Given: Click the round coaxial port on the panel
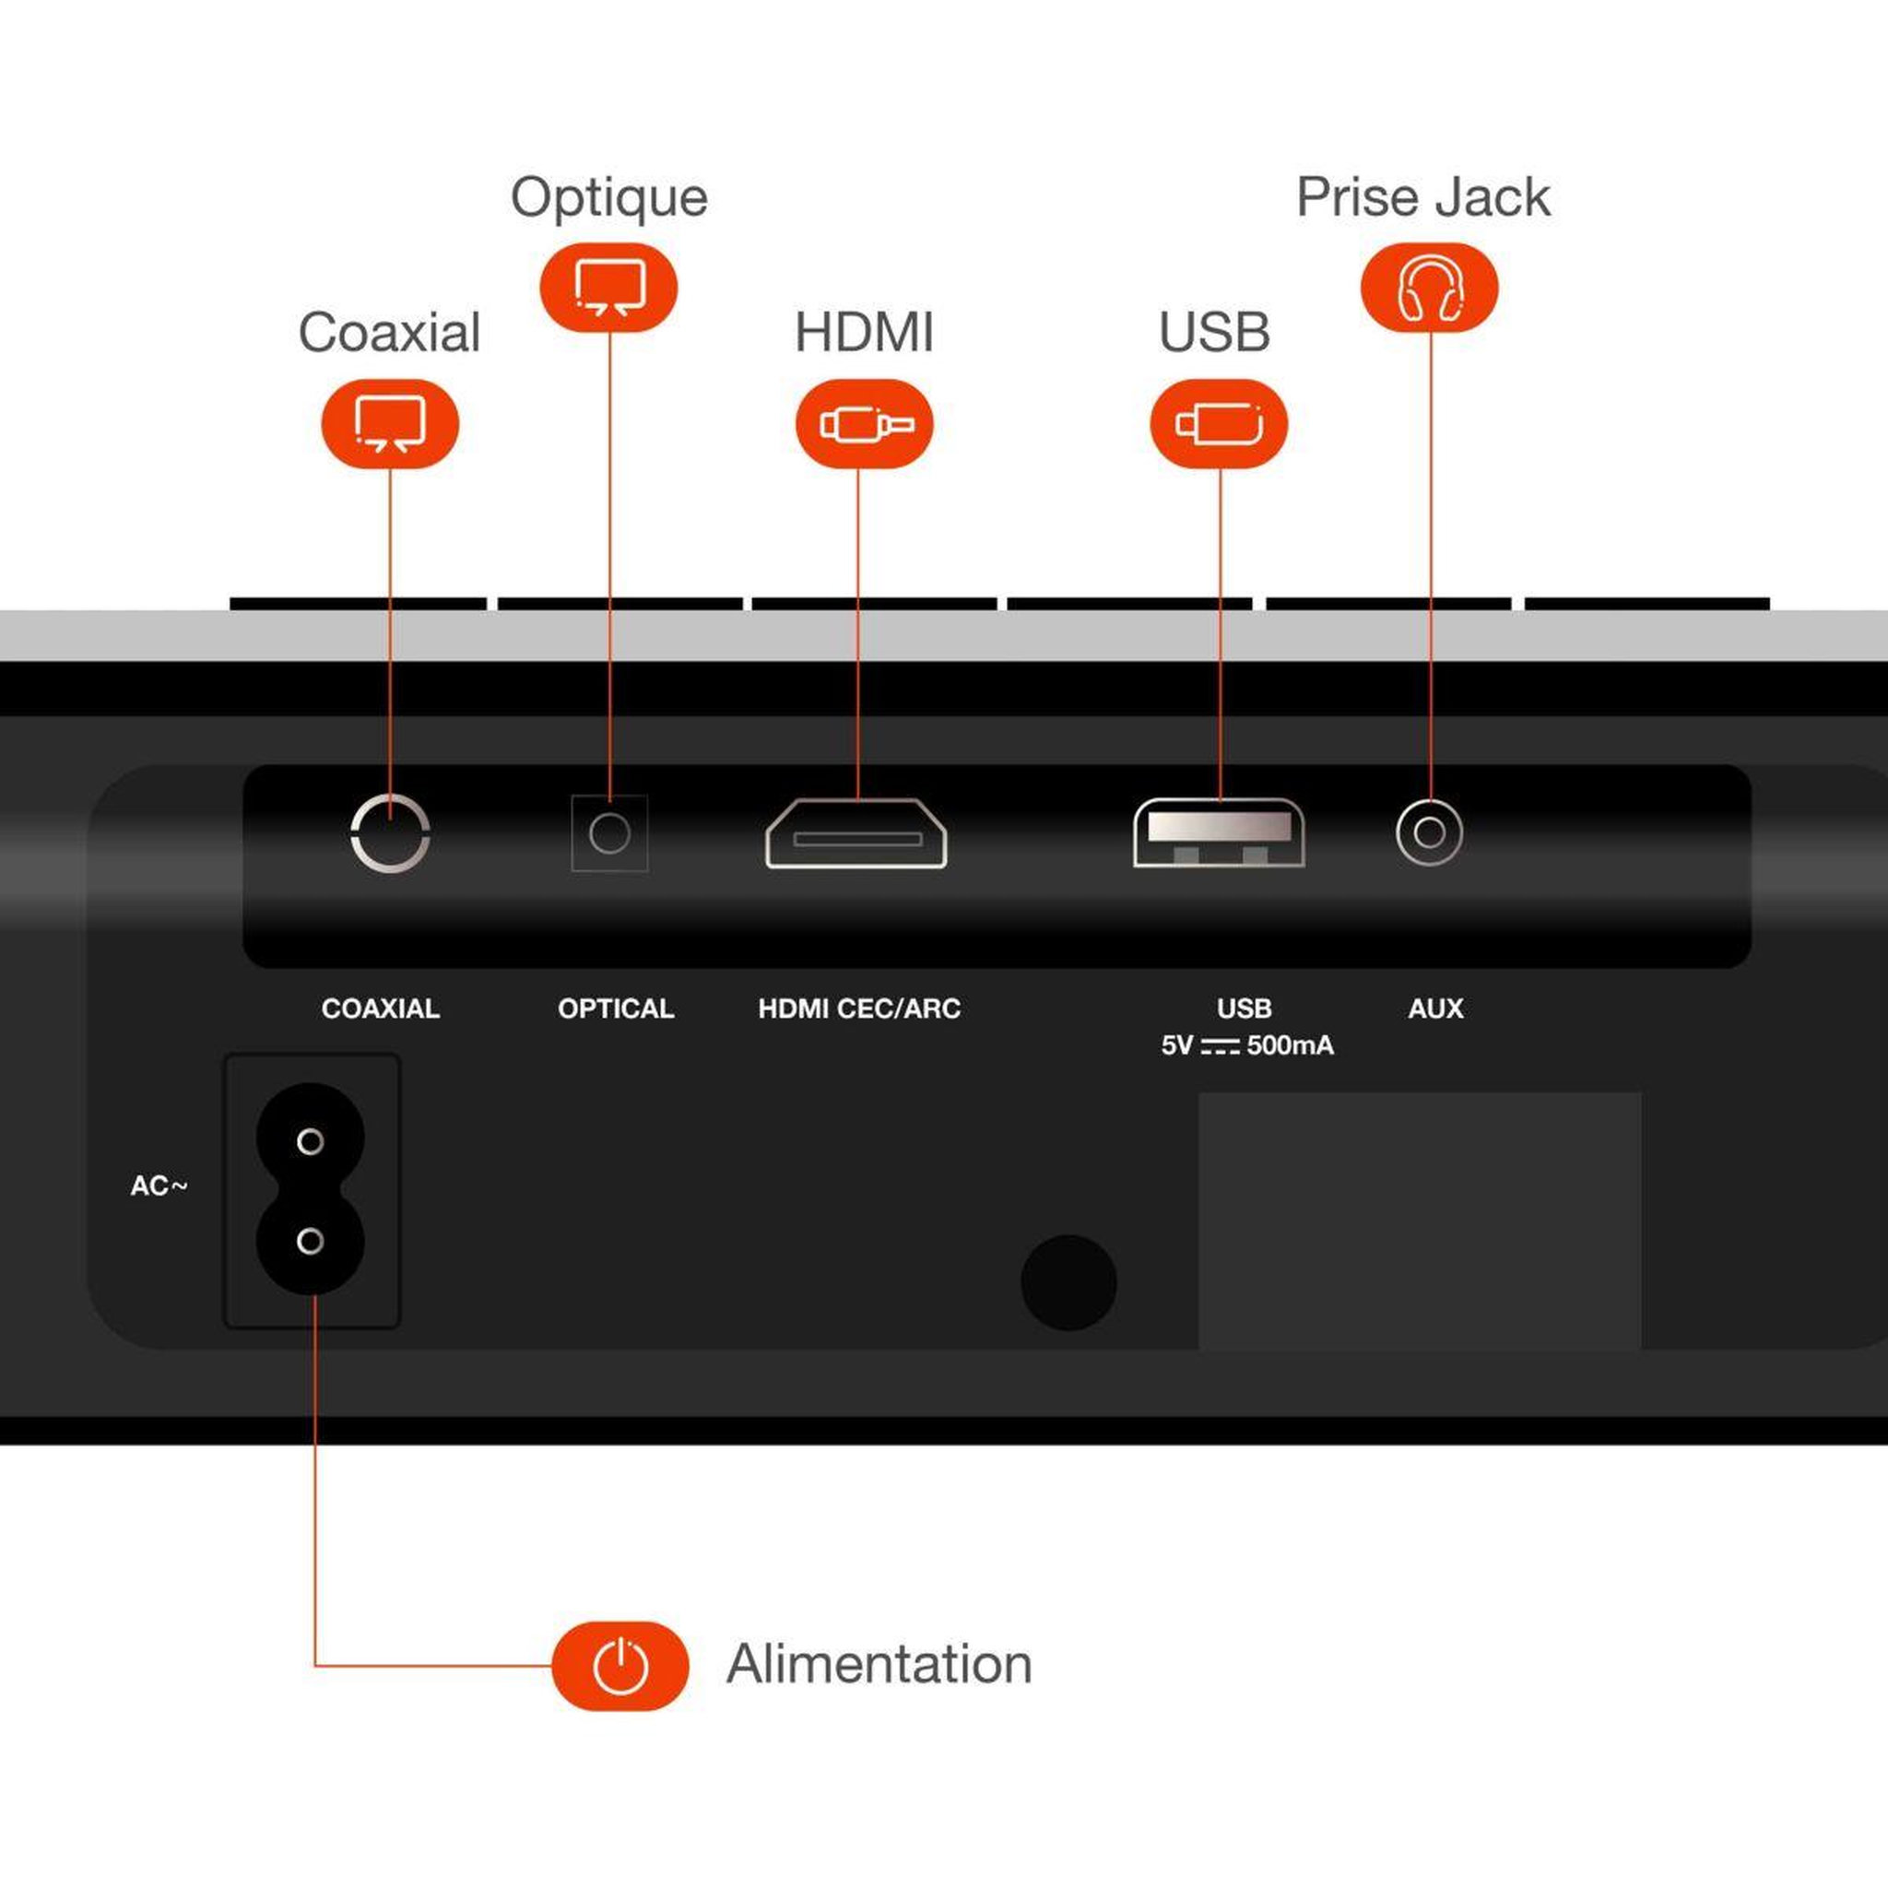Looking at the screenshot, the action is pyautogui.click(x=390, y=868).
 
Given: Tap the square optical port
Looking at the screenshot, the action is pyautogui.click(x=609, y=833).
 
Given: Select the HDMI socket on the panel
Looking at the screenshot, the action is pyautogui.click(x=856, y=833).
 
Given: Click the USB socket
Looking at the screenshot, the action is pyautogui.click(x=1219, y=832).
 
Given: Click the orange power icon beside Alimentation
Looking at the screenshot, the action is pyautogui.click(x=620, y=1666).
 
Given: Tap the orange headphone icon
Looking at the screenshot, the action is pyautogui.click(x=1430, y=288).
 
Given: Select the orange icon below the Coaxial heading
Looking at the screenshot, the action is pyautogui.click(x=390, y=423).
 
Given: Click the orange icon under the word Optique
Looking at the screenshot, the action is pyautogui.click(x=608, y=288).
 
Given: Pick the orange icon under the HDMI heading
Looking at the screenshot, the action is pyautogui.click(x=865, y=423).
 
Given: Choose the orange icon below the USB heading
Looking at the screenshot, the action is pyautogui.click(x=1219, y=423).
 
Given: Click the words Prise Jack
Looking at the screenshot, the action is pyautogui.click(x=1422, y=197).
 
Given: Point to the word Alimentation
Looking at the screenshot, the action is pyautogui.click(x=879, y=1664).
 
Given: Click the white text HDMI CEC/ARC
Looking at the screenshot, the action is pyautogui.click(x=860, y=1009).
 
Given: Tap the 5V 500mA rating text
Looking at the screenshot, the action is pyautogui.click(x=1247, y=1045).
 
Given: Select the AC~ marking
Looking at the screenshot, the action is pyautogui.click(x=159, y=1186).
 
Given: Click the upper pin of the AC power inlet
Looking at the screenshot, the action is pyautogui.click(x=311, y=1141).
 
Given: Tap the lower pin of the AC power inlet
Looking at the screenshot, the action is pyautogui.click(x=311, y=1241).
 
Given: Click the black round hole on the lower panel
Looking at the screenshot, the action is pyautogui.click(x=1068, y=1282).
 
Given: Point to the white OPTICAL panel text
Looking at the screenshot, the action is pyautogui.click(x=616, y=1009).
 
